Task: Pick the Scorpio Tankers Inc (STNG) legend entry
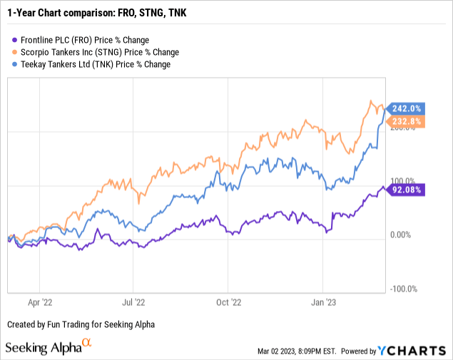[x=92, y=52]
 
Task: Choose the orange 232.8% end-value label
[x=407, y=123]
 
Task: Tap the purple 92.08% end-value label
[x=407, y=190]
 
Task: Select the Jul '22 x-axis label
[x=135, y=301]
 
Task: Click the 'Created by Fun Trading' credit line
[x=80, y=324]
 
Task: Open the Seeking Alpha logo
[x=49, y=347]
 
